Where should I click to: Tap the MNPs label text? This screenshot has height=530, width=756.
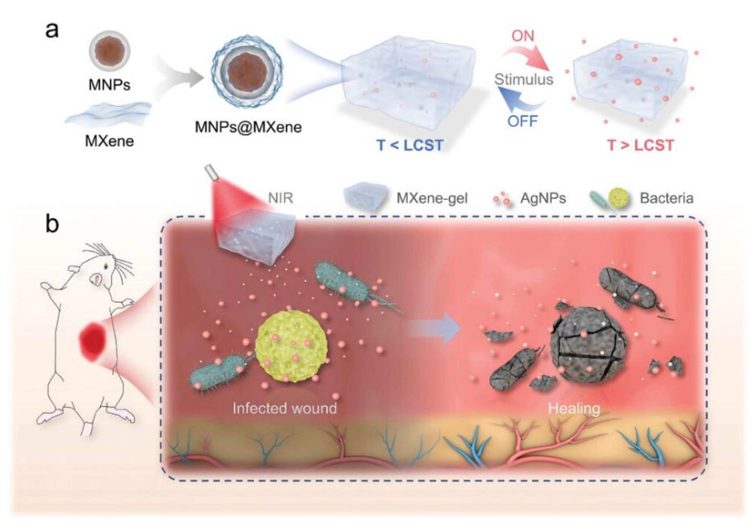coord(109,85)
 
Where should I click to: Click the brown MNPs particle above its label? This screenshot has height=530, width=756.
coord(110,51)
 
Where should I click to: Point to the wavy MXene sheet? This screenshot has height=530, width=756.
coord(109,114)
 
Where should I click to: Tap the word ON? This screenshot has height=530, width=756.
coord(523,36)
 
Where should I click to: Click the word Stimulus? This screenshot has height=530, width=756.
coord(524,79)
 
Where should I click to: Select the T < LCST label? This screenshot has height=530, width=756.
coord(410,145)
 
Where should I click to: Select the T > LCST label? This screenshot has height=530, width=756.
coord(640,145)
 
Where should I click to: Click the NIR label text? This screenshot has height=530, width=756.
coord(280,198)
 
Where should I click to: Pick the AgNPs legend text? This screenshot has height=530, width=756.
coord(543,198)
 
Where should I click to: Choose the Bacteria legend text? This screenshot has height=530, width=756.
coord(666,198)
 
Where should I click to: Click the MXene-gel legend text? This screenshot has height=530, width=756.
coord(432,198)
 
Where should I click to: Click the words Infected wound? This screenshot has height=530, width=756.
coord(285,409)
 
